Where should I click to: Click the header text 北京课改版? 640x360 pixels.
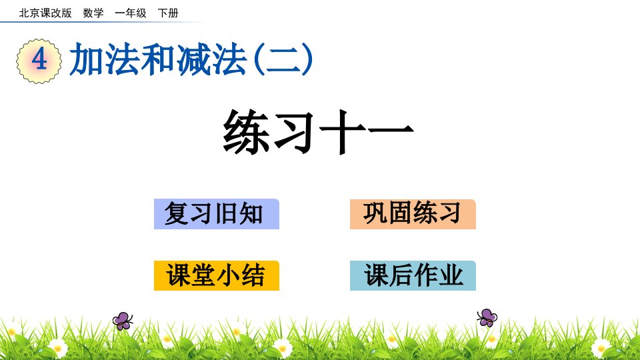coord(45,13)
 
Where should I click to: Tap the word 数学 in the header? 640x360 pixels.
coord(93,13)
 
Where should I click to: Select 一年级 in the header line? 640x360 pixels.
coord(131,13)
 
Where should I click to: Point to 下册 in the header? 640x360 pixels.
coord(168,13)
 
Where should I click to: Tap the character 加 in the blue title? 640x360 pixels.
coord(86,59)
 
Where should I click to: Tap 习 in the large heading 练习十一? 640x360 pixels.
coord(295,131)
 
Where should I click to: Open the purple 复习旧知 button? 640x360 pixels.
coord(216,214)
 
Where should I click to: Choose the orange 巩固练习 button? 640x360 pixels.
coord(413,214)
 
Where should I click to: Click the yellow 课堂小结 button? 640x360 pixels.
coord(216,275)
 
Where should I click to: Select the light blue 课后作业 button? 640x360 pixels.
coord(413,275)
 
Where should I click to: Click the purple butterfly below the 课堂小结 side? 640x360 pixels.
coord(123,321)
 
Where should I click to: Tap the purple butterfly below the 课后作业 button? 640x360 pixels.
coord(487,317)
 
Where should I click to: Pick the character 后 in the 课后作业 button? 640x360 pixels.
coord(401,275)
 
